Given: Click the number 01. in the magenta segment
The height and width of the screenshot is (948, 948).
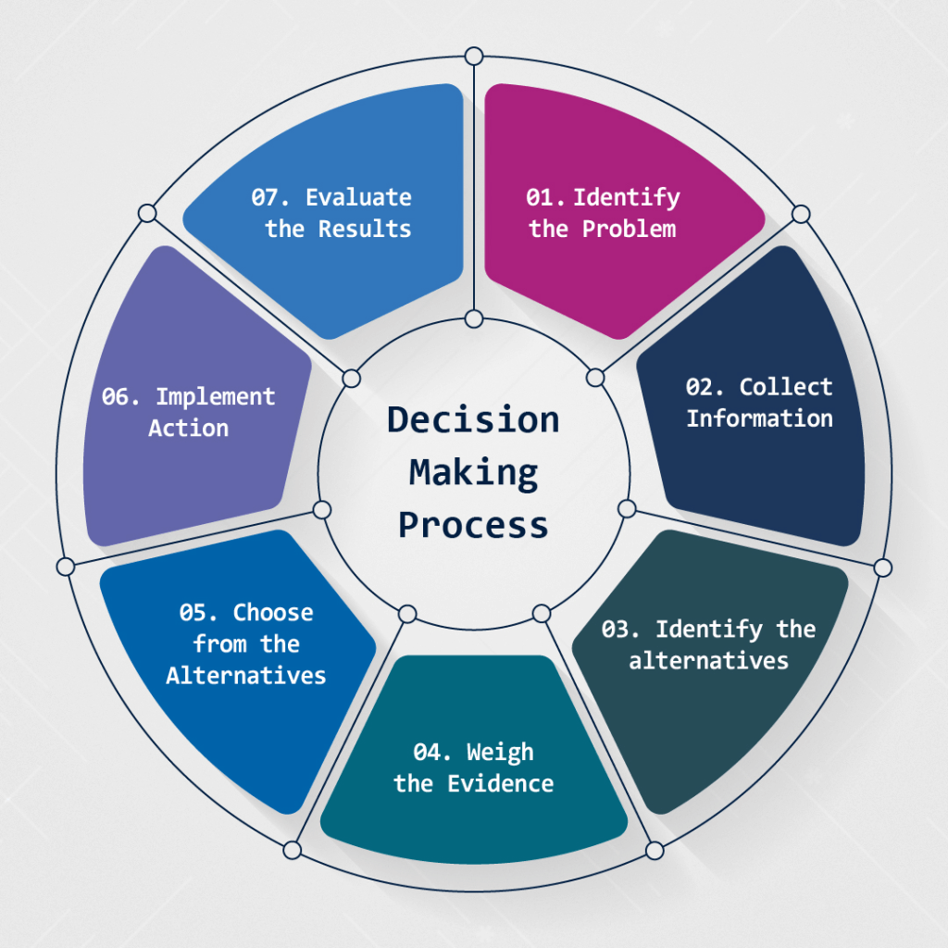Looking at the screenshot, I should tap(546, 197).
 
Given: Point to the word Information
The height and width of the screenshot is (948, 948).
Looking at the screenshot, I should tap(759, 418).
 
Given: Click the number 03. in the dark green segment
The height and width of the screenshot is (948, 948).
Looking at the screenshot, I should tap(621, 630).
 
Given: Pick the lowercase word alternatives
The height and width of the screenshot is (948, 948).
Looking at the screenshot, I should tap(708, 661).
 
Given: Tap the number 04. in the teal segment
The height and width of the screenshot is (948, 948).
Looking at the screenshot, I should tap(432, 752).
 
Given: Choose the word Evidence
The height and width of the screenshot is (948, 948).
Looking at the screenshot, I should tap(500, 784).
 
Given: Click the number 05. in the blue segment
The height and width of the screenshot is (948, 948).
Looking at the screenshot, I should tap(199, 613).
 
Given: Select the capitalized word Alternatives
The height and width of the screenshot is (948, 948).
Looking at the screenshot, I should tap(246, 676).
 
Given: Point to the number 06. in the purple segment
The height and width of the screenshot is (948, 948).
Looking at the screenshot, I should tap(122, 397).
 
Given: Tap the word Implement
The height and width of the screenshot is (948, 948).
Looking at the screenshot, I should tap(215, 397).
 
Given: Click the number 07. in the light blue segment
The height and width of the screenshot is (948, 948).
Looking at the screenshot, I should tap(271, 197).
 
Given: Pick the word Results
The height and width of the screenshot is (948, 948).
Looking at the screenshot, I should tap(365, 229).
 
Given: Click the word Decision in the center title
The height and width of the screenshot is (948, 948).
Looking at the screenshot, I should tap(473, 419).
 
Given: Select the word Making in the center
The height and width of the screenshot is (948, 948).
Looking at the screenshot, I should tap(473, 472).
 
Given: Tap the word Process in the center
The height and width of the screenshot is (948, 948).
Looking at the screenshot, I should tap(473, 525).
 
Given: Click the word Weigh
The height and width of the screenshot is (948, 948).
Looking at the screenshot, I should tap(500, 752).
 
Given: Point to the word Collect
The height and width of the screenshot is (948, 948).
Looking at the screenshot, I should tap(786, 387).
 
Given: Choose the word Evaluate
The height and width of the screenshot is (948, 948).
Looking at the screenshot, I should tap(358, 197).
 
